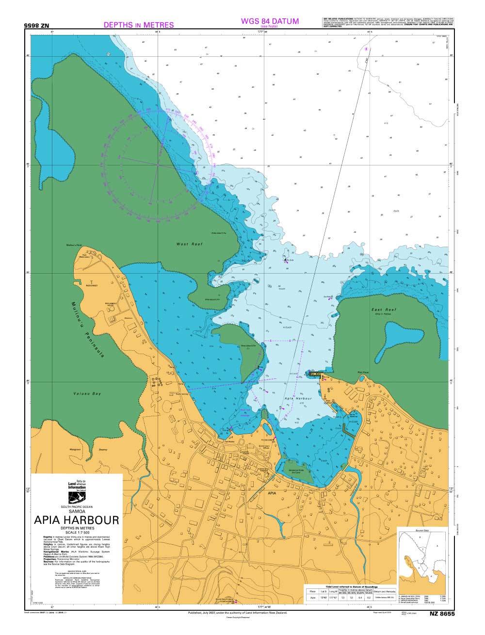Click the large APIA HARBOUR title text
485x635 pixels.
click(x=77, y=520)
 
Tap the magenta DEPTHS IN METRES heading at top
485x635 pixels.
click(x=139, y=25)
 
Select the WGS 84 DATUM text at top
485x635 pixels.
click(x=270, y=21)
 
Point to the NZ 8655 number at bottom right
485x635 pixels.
click(x=441, y=614)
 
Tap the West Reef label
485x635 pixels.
click(x=186, y=244)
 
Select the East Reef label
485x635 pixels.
click(x=384, y=309)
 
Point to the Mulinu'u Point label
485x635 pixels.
click(x=76, y=245)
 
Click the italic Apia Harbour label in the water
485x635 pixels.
click(x=296, y=397)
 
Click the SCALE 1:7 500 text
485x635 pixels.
click(x=77, y=533)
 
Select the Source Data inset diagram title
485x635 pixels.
click(x=422, y=530)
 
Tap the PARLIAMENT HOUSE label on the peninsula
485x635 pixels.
click(x=112, y=304)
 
